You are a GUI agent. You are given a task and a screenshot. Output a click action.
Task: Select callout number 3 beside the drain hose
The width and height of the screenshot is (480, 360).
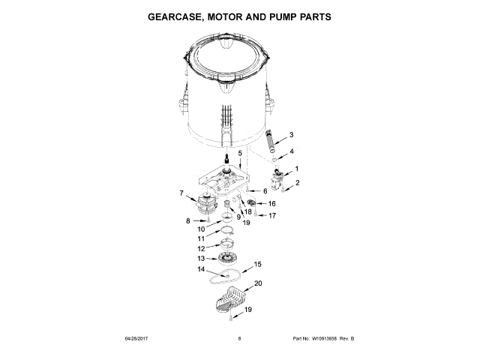coord(292,135)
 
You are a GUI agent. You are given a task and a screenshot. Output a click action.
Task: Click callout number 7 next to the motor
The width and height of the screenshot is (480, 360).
coord(181,193)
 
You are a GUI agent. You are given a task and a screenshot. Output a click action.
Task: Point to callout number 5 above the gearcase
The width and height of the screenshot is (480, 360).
coord(240,154)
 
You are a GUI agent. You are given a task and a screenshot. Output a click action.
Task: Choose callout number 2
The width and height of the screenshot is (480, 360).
coord(297,183)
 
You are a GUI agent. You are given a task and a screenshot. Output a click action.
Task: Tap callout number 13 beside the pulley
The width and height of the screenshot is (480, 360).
coord(199,258)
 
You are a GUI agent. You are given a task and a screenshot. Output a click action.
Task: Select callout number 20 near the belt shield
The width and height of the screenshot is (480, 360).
coord(258,284)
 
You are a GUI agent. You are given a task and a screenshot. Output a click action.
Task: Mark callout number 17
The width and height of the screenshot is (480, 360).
coord(273,215)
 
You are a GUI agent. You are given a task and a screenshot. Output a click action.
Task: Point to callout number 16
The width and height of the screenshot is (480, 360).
coord(271,203)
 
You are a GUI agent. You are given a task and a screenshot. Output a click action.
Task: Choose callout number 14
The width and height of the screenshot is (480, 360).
coord(200,269)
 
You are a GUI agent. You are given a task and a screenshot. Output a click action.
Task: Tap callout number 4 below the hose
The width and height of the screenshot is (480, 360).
coord(292,151)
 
